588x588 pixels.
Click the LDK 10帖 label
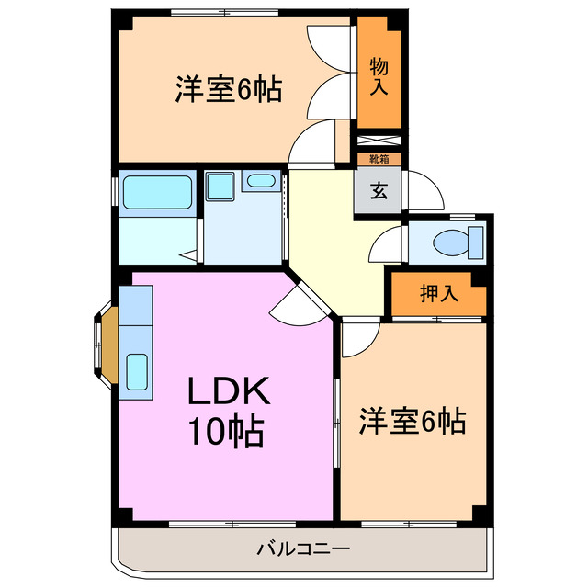coord(227,410)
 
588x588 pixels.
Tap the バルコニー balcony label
coord(302,549)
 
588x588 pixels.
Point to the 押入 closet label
coord(438,294)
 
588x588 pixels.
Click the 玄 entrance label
coord(378,192)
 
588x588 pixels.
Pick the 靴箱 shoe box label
coord(379,159)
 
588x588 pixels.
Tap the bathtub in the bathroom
coord(154,190)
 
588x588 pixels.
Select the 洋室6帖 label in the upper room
coord(229,91)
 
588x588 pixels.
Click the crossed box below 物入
coord(379,141)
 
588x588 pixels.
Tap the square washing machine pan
coord(220,187)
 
